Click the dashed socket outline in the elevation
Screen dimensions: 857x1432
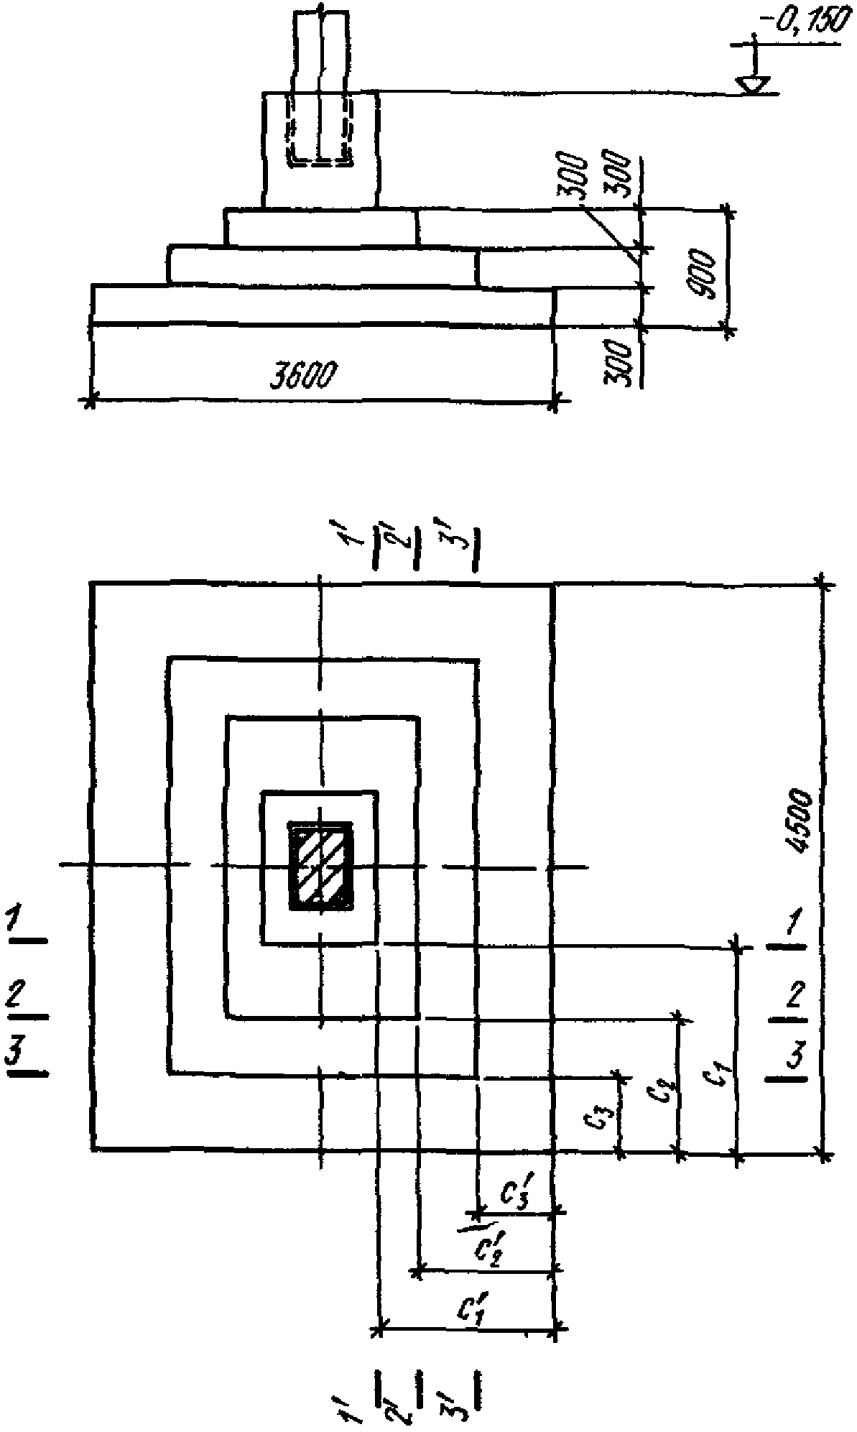point(320,129)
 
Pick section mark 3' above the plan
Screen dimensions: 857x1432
point(459,536)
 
